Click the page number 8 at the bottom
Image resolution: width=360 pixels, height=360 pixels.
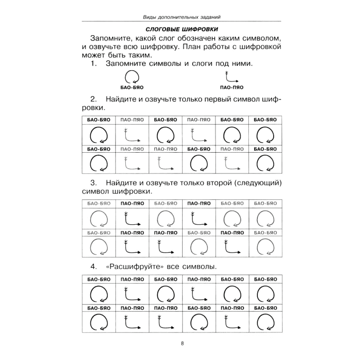pos(182,343)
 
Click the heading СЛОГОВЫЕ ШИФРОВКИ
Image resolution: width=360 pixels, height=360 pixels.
pos(182,29)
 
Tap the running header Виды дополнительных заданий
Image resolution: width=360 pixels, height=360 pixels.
pos(182,17)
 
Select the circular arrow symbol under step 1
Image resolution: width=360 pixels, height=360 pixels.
pos(132,77)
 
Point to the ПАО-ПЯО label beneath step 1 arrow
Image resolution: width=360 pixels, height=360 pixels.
pos(231,87)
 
